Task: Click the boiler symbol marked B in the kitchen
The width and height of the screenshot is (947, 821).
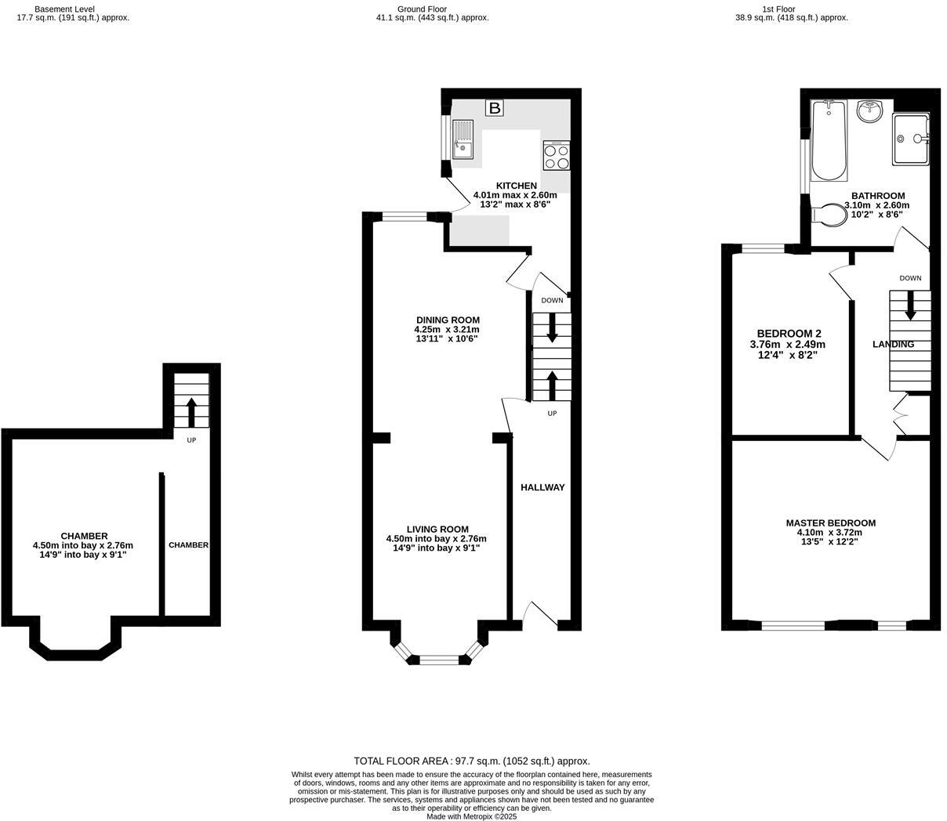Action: (494, 109)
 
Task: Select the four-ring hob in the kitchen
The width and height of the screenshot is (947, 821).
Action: (556, 156)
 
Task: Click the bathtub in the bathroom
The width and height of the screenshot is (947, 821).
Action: (829, 139)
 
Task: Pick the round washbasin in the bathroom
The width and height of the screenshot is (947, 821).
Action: (870, 112)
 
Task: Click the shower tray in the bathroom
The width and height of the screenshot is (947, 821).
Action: (911, 139)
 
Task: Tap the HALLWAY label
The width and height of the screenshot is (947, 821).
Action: (542, 487)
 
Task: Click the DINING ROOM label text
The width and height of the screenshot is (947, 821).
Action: (448, 320)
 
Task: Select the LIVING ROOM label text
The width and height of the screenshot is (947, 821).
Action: (437, 529)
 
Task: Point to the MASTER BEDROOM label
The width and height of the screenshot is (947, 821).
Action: (830, 523)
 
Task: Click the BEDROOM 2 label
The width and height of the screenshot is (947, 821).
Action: (789, 332)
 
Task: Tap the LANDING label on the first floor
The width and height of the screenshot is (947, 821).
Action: (893, 344)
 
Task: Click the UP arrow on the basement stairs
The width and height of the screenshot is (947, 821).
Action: (190, 410)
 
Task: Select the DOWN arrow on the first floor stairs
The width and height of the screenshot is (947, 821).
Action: (910, 306)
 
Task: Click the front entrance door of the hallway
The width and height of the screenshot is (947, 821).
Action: (542, 616)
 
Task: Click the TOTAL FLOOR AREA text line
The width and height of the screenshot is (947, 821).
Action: (471, 761)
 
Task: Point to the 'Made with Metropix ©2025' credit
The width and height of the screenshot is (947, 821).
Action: (471, 816)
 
